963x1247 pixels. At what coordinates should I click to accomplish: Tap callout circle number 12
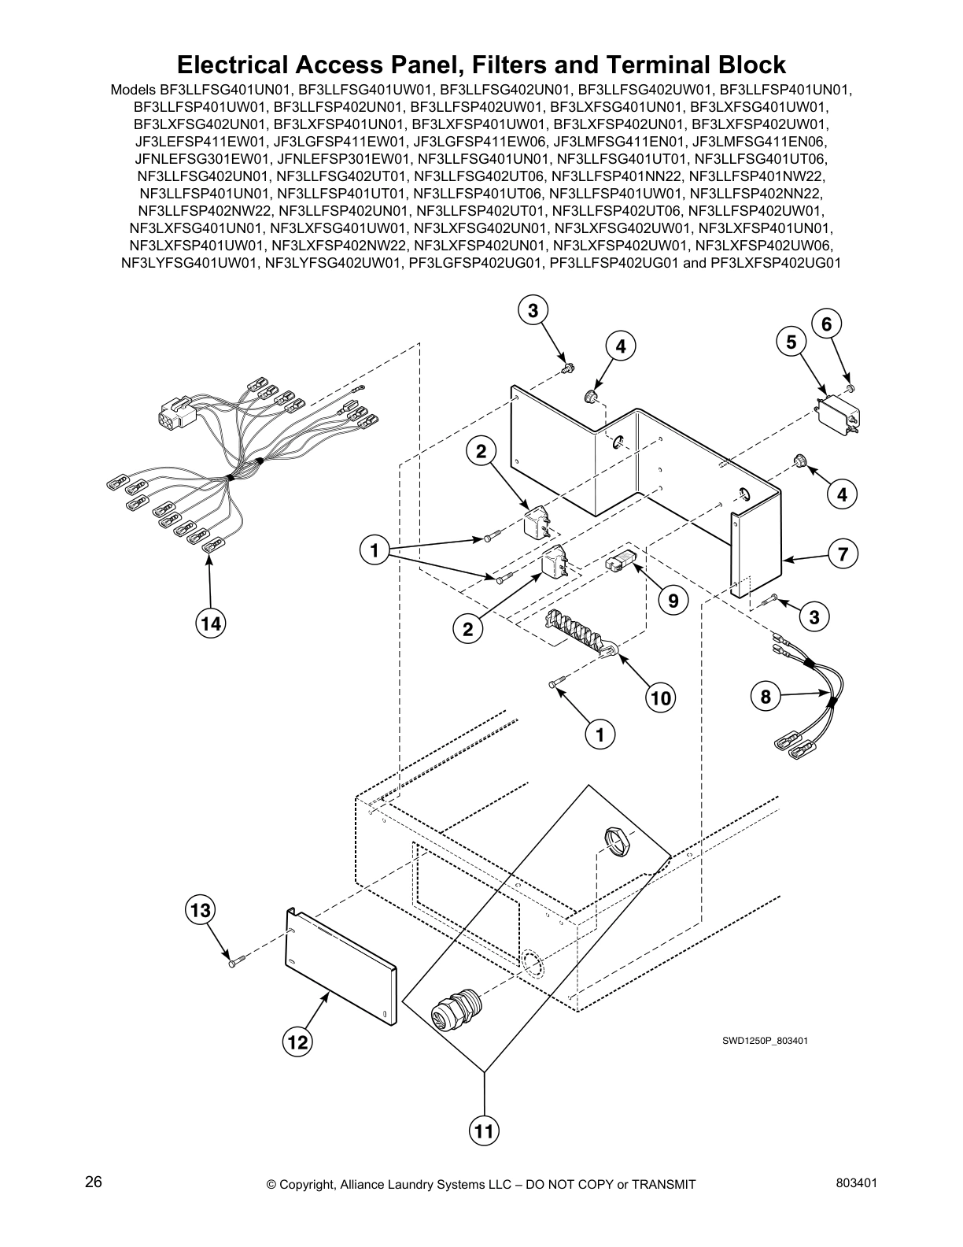point(297,1042)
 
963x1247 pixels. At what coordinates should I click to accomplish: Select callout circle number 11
point(484,1131)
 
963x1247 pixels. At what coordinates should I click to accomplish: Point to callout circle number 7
point(843,554)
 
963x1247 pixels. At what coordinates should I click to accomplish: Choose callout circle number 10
point(661,697)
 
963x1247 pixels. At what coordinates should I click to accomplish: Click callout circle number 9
point(673,601)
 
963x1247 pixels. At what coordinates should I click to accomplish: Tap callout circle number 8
point(766,696)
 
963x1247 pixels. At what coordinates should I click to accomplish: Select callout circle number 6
point(826,324)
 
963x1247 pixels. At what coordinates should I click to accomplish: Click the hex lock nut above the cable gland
point(619,841)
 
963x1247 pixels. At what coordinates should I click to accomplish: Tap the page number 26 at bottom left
point(94,1182)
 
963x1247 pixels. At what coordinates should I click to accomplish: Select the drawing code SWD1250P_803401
point(766,1041)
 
